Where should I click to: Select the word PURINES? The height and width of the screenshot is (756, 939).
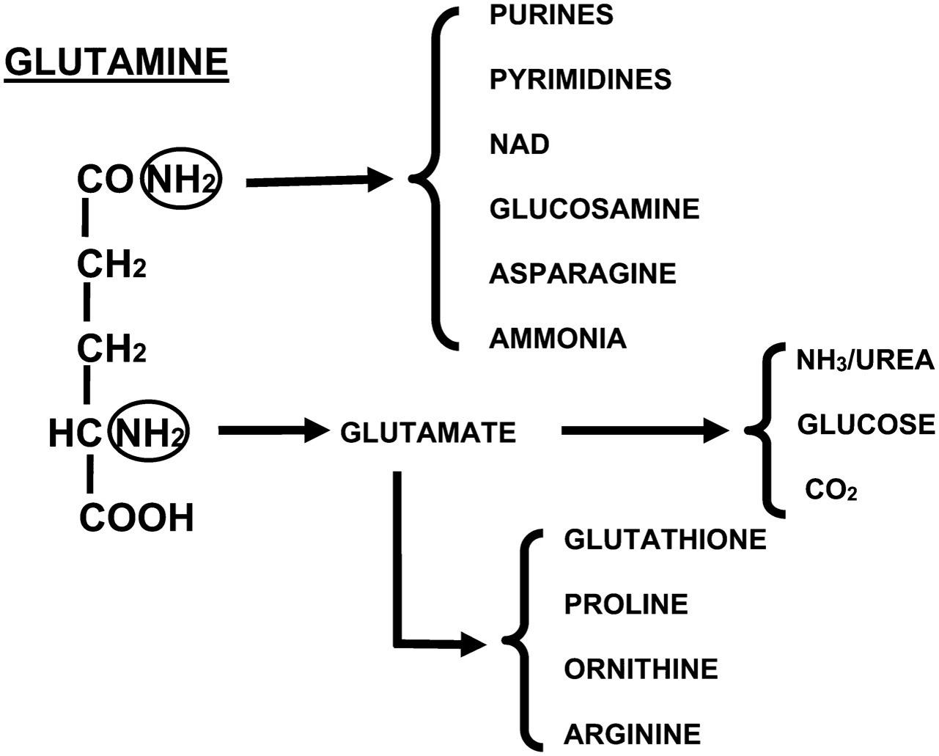pos(551,15)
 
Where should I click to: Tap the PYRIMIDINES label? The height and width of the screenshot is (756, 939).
pos(580,79)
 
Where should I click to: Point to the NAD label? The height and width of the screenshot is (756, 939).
pos(519,144)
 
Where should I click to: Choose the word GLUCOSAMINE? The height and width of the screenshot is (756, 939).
pos(594,209)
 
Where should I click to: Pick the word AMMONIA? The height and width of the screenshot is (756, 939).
pos(558,338)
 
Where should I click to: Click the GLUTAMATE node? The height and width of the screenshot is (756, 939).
pos(428,433)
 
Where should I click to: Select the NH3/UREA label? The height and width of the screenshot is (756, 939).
pos(865,361)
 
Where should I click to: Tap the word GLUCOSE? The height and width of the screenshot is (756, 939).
pos(866,424)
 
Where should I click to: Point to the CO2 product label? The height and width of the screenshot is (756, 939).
pos(831,489)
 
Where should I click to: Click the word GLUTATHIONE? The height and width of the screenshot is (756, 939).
pos(665,540)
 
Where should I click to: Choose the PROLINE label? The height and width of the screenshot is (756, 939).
pos(626,604)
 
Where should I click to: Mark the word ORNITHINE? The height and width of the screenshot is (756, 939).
pos(641,669)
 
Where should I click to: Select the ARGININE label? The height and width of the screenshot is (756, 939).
pos(632,733)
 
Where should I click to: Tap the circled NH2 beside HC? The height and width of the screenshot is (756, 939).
pos(149,434)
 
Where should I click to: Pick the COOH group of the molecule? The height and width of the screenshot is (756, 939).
pos(136,518)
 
